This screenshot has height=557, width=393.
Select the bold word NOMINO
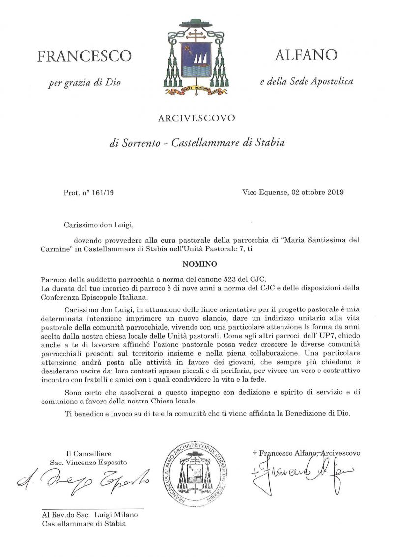196,264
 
